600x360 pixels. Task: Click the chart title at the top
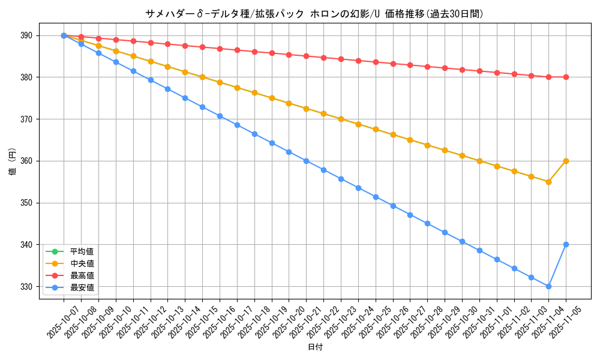(314, 13)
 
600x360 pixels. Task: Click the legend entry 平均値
(82, 251)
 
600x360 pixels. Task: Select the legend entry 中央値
(82, 263)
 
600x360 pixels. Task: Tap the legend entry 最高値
(82, 275)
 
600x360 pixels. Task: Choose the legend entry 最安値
(82, 288)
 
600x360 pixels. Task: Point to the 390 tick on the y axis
(28, 35)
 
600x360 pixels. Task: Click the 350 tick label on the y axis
(28, 203)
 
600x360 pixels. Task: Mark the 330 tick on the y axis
(28, 287)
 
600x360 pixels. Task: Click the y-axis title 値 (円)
(12, 161)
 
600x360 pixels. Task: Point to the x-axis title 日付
(315, 347)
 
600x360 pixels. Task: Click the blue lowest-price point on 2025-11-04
(548, 287)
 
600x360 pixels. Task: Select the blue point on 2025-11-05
(566, 245)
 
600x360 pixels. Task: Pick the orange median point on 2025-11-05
(566, 161)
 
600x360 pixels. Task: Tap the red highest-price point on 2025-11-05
(566, 77)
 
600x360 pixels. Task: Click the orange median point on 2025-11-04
(548, 182)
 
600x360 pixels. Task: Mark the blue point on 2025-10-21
(306, 161)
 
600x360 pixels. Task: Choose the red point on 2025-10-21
(306, 56)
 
